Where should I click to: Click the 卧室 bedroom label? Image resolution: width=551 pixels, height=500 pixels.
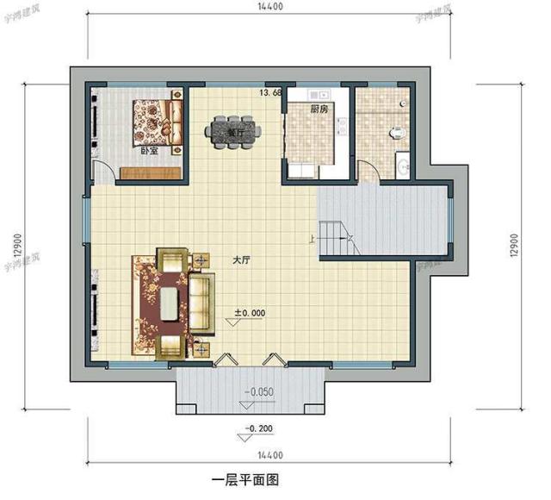click(x=149, y=152)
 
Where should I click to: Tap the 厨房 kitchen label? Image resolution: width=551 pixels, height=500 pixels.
click(x=319, y=109)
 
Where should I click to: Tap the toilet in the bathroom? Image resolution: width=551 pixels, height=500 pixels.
click(x=398, y=133)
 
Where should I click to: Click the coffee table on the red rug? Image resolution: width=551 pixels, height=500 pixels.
click(x=169, y=303)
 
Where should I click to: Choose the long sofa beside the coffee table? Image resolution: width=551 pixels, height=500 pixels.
click(x=203, y=302)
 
